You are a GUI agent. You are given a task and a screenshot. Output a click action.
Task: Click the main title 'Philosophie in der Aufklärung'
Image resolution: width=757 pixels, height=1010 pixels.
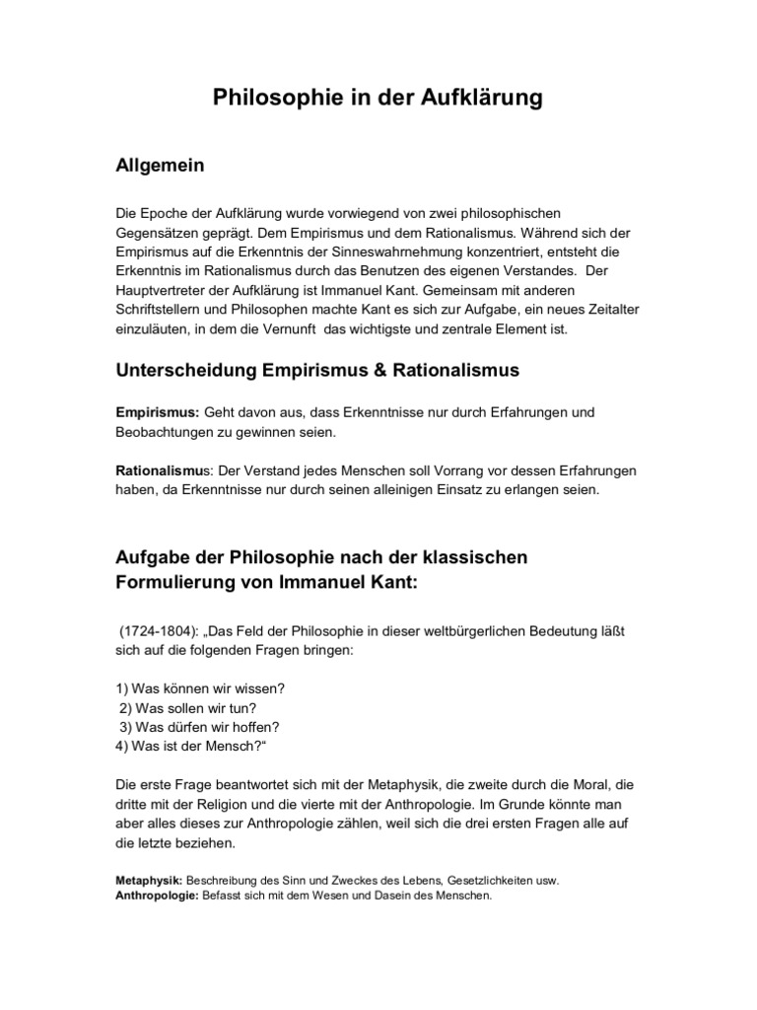click(378, 99)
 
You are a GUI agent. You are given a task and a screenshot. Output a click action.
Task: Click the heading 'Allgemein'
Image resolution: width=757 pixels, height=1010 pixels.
click(161, 166)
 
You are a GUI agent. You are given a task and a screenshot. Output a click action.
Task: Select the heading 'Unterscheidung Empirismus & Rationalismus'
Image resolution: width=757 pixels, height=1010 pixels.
click(317, 371)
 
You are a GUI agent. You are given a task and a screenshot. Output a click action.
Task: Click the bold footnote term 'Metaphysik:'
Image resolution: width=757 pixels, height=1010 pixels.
click(149, 880)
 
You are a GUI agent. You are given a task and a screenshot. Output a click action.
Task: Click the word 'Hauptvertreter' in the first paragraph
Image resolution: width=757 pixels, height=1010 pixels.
click(164, 293)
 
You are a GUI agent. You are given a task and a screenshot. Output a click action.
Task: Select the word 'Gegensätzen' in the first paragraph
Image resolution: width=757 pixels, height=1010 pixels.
click(161, 234)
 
